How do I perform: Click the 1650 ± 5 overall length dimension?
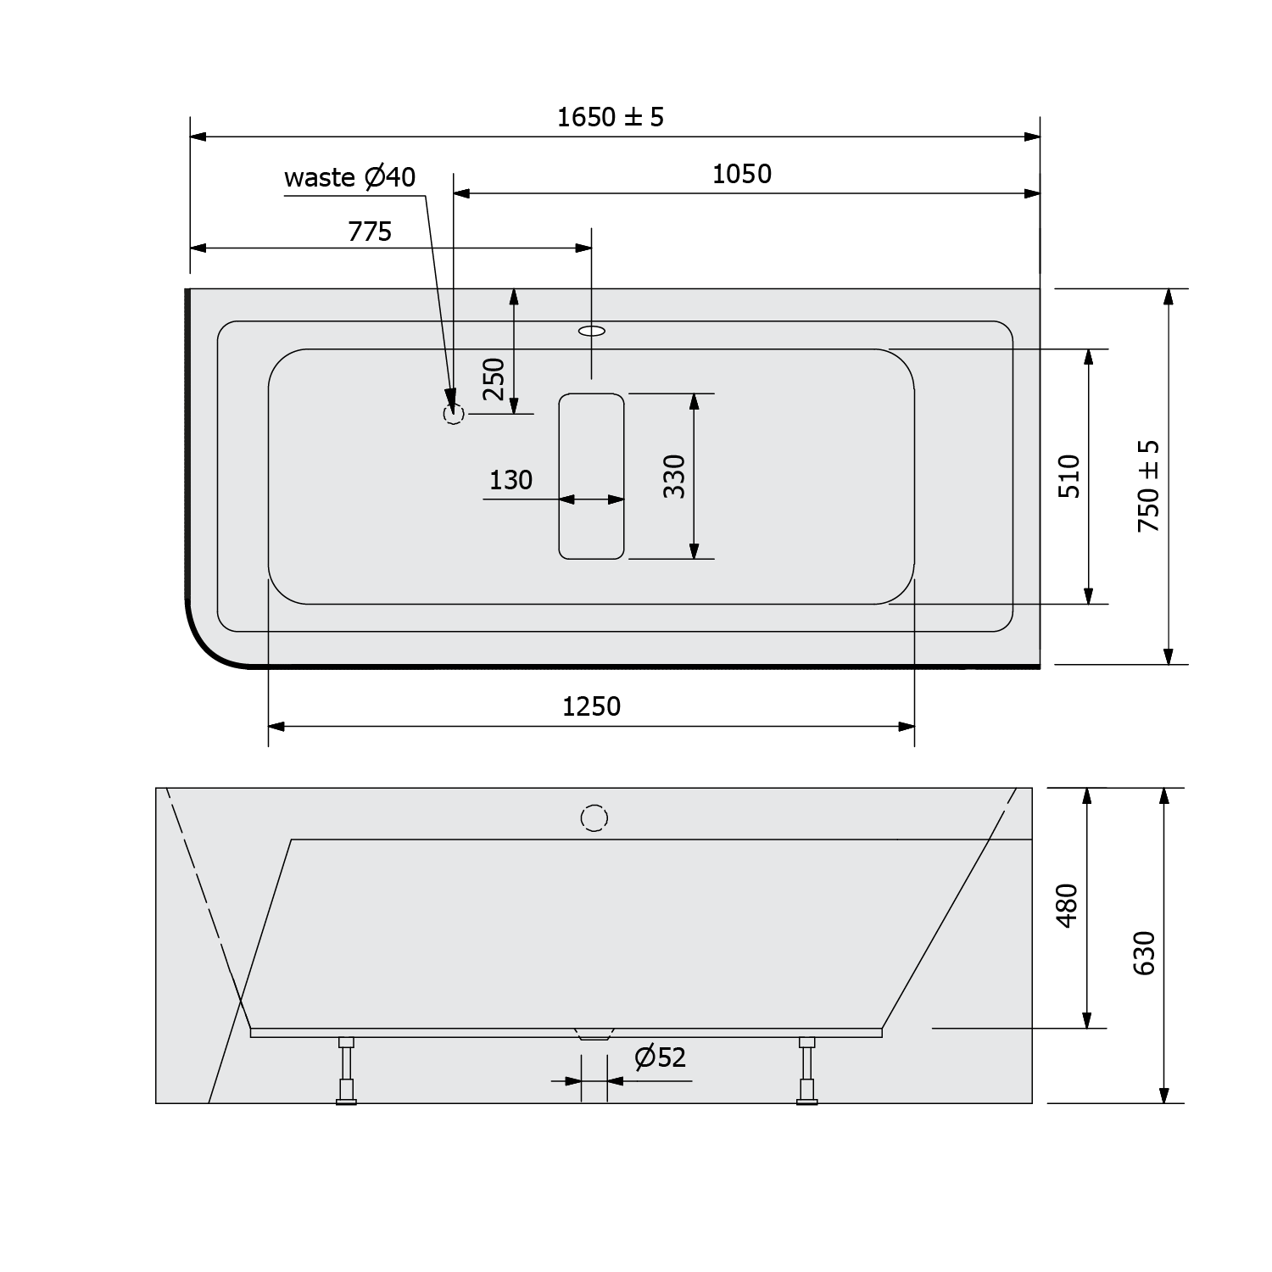click(x=610, y=117)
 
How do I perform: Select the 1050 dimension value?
click(x=741, y=174)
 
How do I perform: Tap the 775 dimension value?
click(x=370, y=232)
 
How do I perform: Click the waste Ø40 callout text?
click(x=349, y=177)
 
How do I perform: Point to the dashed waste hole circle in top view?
click(x=454, y=414)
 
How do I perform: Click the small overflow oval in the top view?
click(x=592, y=330)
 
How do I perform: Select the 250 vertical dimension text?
click(x=494, y=379)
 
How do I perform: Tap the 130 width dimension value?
click(x=510, y=480)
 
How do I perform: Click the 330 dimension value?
click(x=673, y=476)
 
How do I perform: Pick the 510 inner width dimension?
click(x=1070, y=476)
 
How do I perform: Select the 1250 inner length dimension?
click(x=591, y=706)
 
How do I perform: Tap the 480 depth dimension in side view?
click(x=1067, y=905)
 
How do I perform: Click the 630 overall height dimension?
click(x=1144, y=952)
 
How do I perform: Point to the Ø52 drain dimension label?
click(x=660, y=1057)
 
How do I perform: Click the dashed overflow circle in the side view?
click(x=594, y=817)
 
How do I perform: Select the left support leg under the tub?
click(x=346, y=1070)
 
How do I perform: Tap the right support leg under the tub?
click(x=806, y=1070)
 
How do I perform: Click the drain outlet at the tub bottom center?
click(x=593, y=1035)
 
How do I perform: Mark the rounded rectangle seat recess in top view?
click(x=591, y=476)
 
